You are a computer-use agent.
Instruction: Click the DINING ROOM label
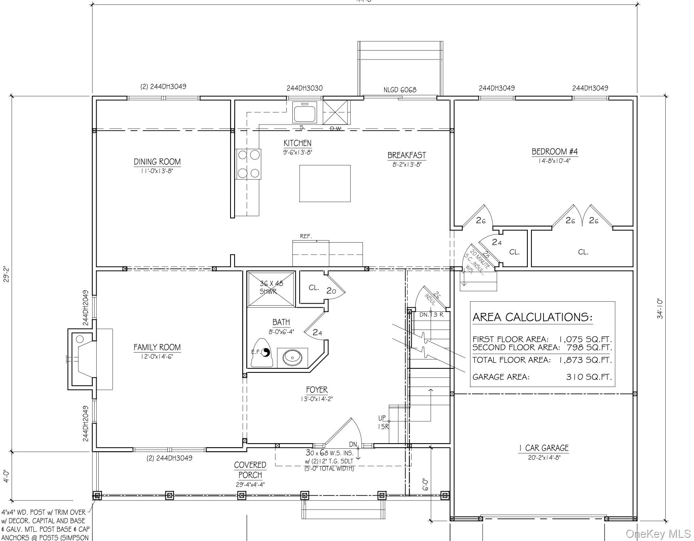click(x=157, y=162)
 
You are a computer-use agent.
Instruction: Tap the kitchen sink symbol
click(x=305, y=112)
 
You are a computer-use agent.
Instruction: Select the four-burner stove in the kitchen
click(x=248, y=164)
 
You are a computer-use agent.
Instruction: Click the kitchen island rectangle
click(x=324, y=183)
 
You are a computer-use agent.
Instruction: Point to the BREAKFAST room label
click(x=406, y=155)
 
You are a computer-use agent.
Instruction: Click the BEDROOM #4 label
click(x=554, y=152)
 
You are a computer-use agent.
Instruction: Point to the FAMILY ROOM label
click(x=157, y=347)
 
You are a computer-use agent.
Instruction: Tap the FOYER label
click(x=317, y=390)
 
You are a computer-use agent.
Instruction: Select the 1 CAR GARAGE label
click(x=543, y=448)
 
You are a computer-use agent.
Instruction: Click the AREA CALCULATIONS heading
click(x=532, y=317)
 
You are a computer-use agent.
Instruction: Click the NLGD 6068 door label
click(x=400, y=90)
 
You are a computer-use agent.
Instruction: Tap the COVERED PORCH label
click(x=250, y=470)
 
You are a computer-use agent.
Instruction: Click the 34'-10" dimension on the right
click(x=660, y=309)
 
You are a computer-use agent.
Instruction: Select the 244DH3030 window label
click(x=305, y=88)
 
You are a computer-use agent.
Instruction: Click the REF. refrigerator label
click(x=306, y=236)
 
